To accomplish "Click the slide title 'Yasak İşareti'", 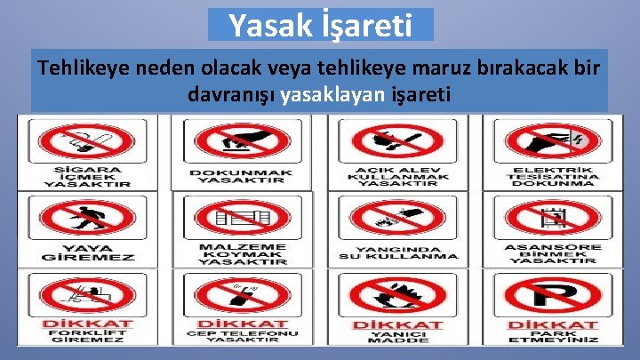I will point(320,25).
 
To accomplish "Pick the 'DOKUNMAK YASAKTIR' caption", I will point(241,175).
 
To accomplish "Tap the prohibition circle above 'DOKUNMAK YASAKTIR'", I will point(241,143).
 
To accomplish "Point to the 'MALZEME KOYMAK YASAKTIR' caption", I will point(242,253).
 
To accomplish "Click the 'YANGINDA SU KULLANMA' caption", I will point(399,252).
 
